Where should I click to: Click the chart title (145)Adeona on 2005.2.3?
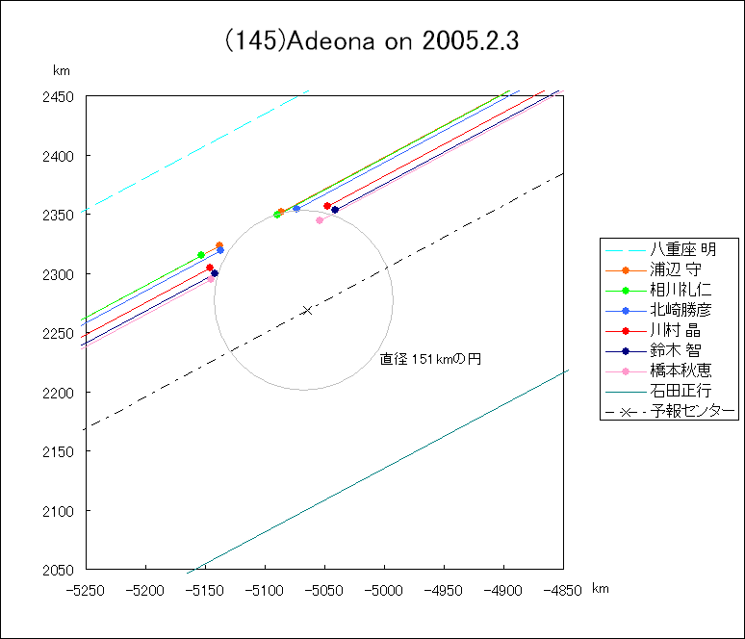pos(372,42)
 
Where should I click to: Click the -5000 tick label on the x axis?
pos(384,589)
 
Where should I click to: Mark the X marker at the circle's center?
pos(307,310)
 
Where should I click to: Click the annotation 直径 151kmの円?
pos(429,359)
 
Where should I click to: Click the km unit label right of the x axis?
pos(600,588)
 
